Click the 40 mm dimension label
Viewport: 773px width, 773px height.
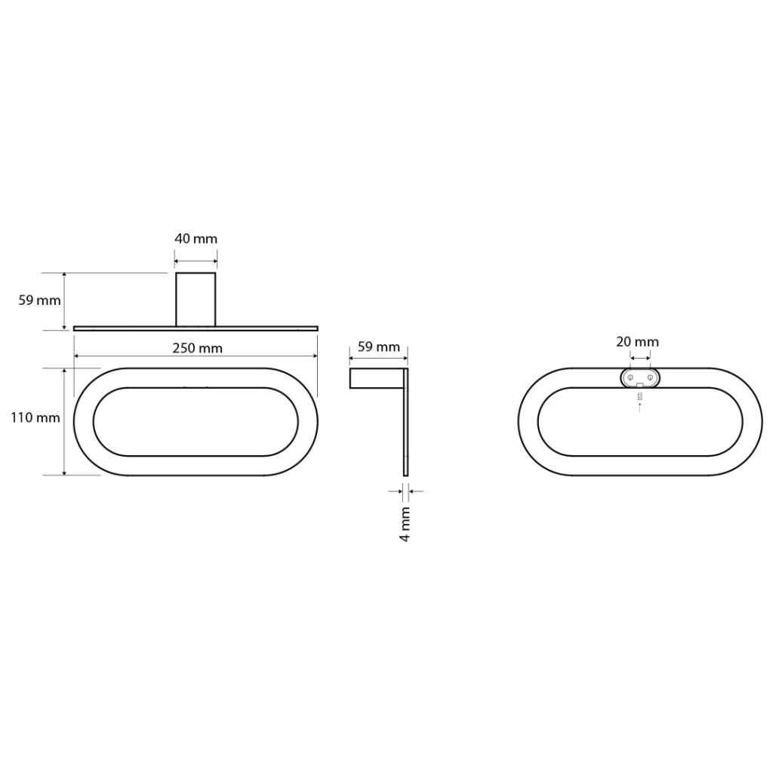[x=196, y=239]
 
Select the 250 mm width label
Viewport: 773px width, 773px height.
[x=197, y=349]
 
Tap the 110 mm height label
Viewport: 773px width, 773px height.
[x=35, y=418]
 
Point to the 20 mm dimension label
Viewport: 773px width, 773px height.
[x=637, y=342]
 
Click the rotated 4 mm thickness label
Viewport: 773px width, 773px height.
[x=405, y=524]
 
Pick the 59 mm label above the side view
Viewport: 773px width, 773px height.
[x=379, y=347]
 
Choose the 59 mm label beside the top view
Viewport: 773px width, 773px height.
[x=39, y=300]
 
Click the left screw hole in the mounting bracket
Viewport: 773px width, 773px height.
[x=630, y=378]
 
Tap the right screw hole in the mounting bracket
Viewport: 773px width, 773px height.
[x=650, y=378]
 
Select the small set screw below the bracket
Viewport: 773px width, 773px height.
[x=640, y=396]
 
